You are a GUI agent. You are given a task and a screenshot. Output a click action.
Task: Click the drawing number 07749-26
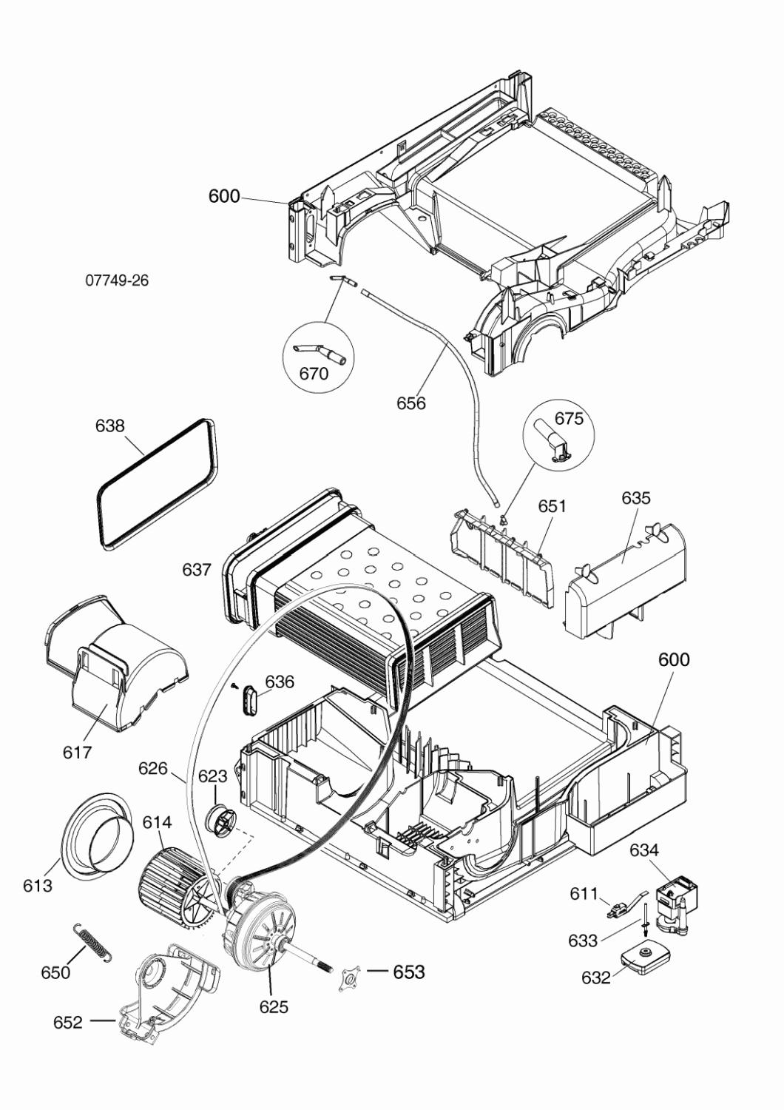(117, 281)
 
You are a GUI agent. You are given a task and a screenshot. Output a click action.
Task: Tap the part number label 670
(314, 374)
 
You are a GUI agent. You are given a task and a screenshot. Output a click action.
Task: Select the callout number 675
(569, 419)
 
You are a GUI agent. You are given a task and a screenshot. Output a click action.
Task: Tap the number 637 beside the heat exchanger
(197, 570)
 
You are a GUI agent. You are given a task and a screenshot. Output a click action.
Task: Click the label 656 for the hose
(411, 403)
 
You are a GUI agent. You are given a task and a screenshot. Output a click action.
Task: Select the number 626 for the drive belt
(153, 769)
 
